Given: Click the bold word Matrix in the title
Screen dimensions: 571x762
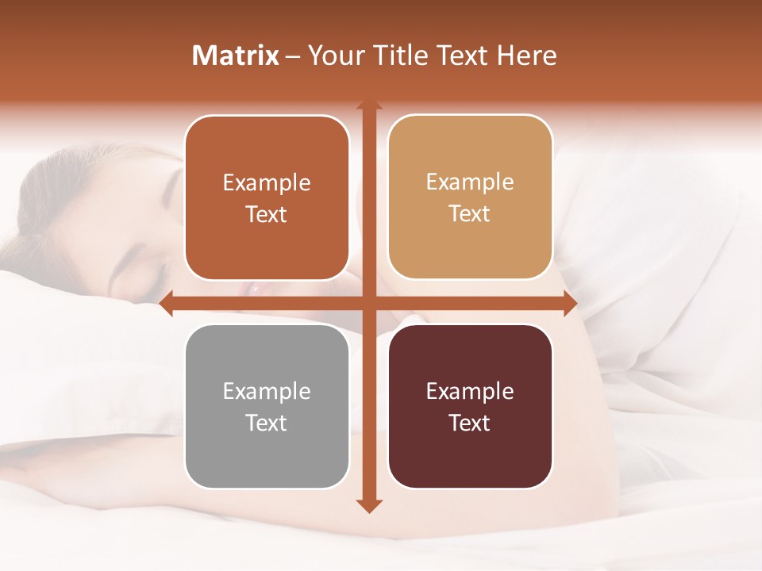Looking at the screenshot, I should pos(236,56).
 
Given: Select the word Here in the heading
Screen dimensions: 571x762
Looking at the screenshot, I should pos(526,56).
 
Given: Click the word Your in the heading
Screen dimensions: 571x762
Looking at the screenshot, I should pos(336,56).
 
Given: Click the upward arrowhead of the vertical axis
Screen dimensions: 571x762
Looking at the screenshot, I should pos(368,105).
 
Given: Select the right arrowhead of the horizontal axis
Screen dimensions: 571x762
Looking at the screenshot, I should pos(570,303).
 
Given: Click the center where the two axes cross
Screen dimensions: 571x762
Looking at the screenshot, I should pos(368,303).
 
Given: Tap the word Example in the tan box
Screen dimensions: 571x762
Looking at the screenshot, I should pos(470,182).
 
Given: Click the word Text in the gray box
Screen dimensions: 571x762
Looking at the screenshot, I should pos(267,423).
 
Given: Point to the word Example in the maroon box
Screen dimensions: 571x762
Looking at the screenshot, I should pos(470,391).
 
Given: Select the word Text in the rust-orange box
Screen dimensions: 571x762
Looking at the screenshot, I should pos(267,214).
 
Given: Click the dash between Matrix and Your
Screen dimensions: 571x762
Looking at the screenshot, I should pos(294,56).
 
